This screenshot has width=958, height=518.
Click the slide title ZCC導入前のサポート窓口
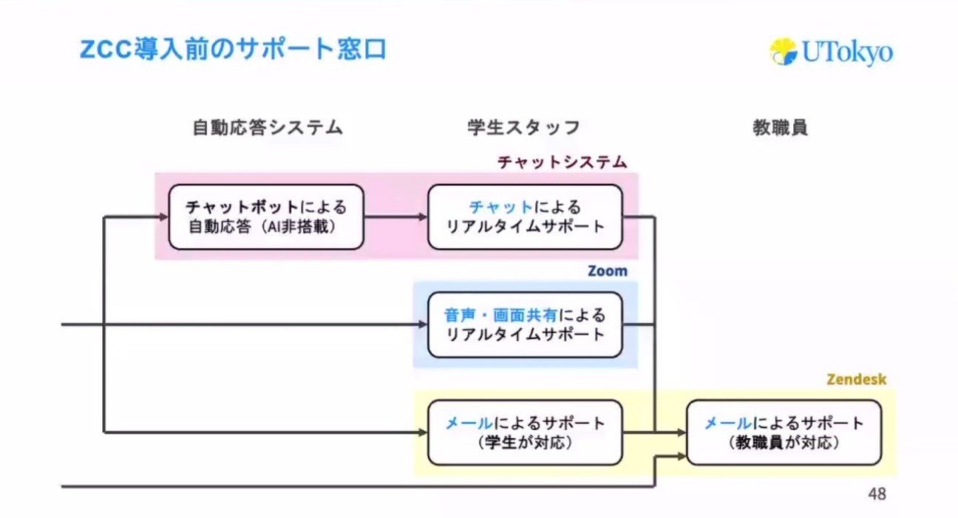(x=233, y=50)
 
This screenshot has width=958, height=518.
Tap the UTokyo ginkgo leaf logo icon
(x=784, y=52)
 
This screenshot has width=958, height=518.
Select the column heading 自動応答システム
(x=268, y=127)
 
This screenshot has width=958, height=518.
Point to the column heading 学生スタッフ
(x=523, y=127)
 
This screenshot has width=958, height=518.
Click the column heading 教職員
(x=780, y=127)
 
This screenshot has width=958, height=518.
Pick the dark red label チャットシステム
(x=563, y=163)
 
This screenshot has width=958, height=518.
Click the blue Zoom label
(x=608, y=271)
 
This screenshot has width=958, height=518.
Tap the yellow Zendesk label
(x=856, y=379)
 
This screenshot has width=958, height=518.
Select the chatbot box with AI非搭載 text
(x=266, y=217)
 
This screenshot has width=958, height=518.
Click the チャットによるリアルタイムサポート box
(x=525, y=217)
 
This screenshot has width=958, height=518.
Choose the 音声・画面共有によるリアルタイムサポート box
(x=525, y=325)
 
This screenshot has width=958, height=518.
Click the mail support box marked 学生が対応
(x=525, y=432)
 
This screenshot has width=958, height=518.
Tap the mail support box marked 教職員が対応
(x=784, y=432)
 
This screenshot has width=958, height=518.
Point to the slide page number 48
(x=877, y=494)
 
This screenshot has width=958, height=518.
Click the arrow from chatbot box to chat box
(x=395, y=217)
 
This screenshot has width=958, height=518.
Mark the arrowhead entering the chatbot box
(x=164, y=217)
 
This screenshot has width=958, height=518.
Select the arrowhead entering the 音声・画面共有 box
(x=423, y=324)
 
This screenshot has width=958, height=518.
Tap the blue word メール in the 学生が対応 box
(x=469, y=423)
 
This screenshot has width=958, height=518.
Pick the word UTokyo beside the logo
(x=848, y=52)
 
